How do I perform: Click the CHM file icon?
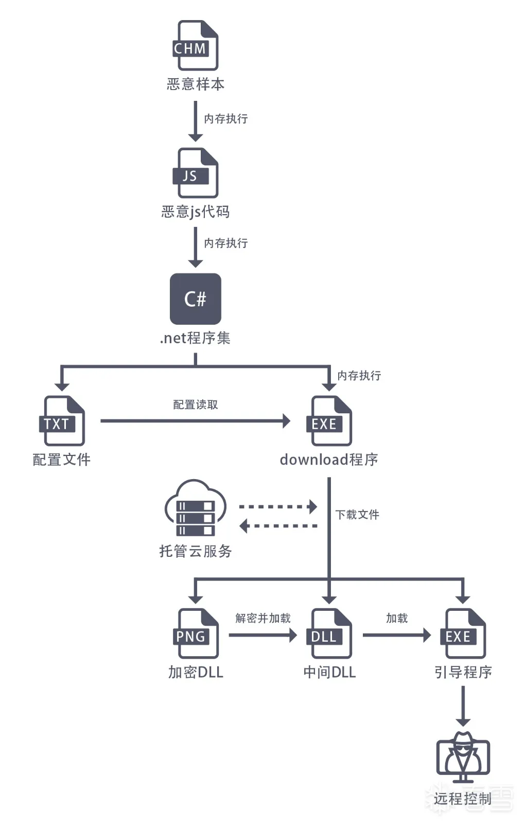[x=196, y=46]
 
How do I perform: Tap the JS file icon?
[x=196, y=173]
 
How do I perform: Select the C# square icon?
[x=196, y=298]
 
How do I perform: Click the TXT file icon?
[x=62, y=421]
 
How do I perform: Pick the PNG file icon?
[x=196, y=633]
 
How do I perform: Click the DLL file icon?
[x=329, y=633]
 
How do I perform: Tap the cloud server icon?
[x=196, y=508]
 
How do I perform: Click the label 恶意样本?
[x=196, y=84]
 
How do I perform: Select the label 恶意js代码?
[x=196, y=212]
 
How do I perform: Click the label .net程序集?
[x=195, y=338]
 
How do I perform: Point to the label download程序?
[x=329, y=460]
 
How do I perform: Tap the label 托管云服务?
[x=196, y=551]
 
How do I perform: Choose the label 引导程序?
[x=463, y=672]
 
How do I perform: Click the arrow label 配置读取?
[x=196, y=405]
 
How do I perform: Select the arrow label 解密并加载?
[x=263, y=618]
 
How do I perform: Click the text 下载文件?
[x=357, y=515]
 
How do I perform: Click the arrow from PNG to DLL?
[x=262, y=635]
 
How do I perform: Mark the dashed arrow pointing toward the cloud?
[x=278, y=526]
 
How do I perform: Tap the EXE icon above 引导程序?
[x=463, y=633]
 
